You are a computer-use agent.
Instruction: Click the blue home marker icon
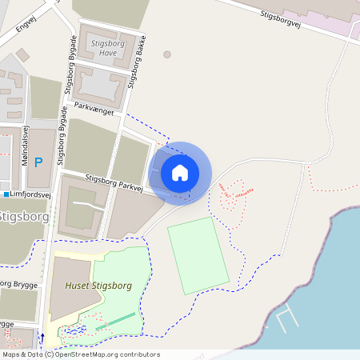coord(180,172)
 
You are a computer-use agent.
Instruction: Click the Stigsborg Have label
coord(102,47)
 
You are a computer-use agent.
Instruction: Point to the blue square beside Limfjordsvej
coord(6,194)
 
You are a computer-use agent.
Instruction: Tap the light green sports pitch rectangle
coord(198,255)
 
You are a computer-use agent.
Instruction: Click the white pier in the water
coord(286,319)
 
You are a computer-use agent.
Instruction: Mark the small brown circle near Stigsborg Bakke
coord(166,54)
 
